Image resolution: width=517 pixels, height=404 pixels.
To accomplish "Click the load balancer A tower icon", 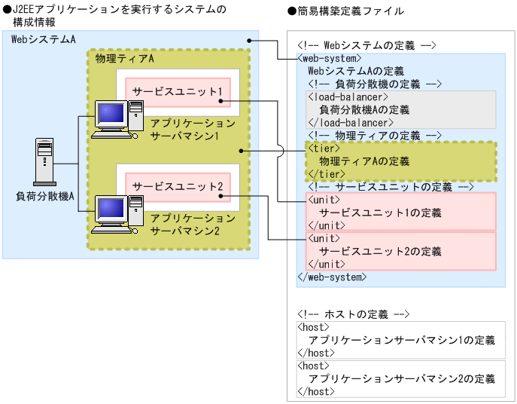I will (44, 163).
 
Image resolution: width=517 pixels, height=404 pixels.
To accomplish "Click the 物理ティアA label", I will (125, 59).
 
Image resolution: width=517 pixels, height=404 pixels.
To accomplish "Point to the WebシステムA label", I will (43, 39).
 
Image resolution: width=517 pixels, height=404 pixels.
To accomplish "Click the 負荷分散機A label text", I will (44, 197).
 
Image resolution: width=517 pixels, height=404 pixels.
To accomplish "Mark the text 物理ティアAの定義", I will (364, 161).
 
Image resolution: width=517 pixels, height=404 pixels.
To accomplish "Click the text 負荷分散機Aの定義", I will (364, 109).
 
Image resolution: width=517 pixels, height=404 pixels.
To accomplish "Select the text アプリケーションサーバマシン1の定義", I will (402, 340).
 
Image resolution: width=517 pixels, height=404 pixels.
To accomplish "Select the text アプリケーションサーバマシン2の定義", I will (402, 378).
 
